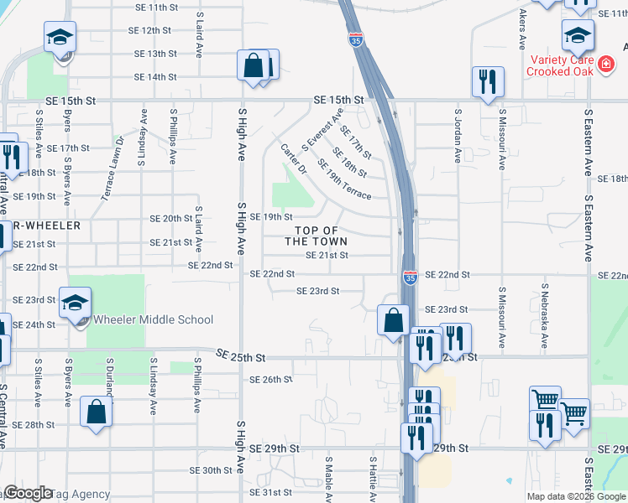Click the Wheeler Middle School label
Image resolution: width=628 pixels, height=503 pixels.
click(153, 319)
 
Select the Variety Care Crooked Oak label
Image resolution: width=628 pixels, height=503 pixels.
click(561, 65)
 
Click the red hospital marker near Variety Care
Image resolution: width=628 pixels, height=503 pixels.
click(606, 62)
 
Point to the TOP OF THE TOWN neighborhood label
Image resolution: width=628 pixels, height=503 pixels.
click(316, 236)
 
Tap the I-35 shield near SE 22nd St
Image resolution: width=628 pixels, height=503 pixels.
click(410, 278)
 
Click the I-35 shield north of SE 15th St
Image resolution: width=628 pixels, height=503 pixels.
click(356, 39)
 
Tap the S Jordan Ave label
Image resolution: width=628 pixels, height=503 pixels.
click(458, 134)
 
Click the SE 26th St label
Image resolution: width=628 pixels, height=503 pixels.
click(270, 380)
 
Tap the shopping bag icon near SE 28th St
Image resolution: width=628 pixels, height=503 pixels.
click(97, 412)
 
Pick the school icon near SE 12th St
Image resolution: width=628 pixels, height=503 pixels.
click(60, 37)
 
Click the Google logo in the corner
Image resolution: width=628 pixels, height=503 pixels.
click(29, 494)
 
